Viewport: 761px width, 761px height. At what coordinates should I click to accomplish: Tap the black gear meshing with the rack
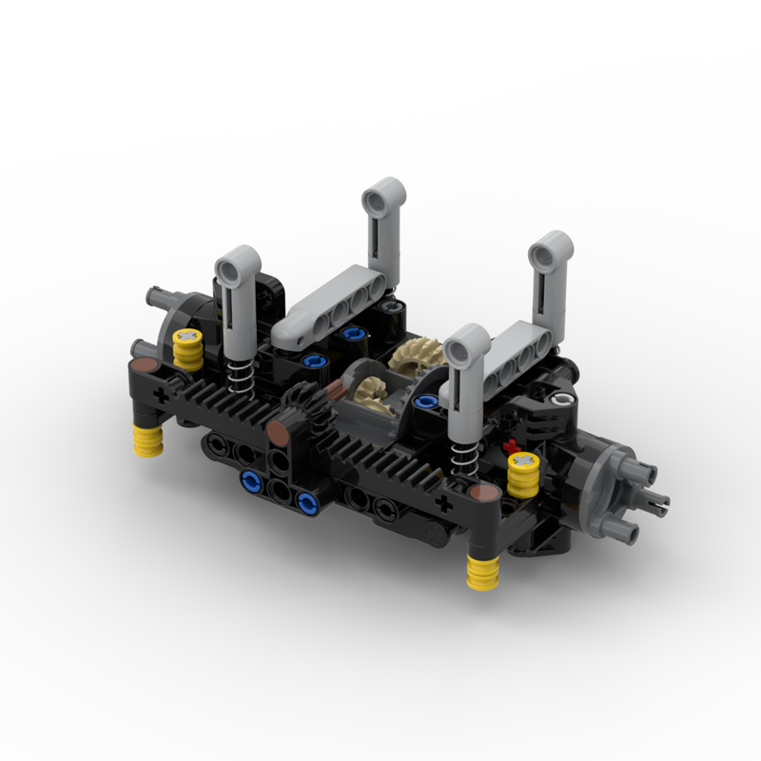tap(303, 406)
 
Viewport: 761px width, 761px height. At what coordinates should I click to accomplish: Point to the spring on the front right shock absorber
tap(463, 454)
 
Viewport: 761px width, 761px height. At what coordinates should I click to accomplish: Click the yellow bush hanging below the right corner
tap(484, 574)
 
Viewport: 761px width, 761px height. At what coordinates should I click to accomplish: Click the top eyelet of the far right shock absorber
tap(551, 253)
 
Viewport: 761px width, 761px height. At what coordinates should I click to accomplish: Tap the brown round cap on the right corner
tap(483, 492)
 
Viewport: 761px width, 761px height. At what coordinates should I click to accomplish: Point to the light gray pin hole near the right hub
tap(569, 401)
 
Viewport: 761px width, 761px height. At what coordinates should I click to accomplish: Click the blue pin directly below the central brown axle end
tap(250, 480)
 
